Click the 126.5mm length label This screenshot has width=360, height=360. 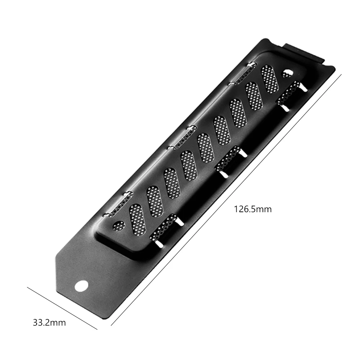[252, 209]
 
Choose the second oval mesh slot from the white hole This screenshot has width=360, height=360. [155, 200]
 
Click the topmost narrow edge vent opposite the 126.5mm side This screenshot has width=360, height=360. [242, 73]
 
